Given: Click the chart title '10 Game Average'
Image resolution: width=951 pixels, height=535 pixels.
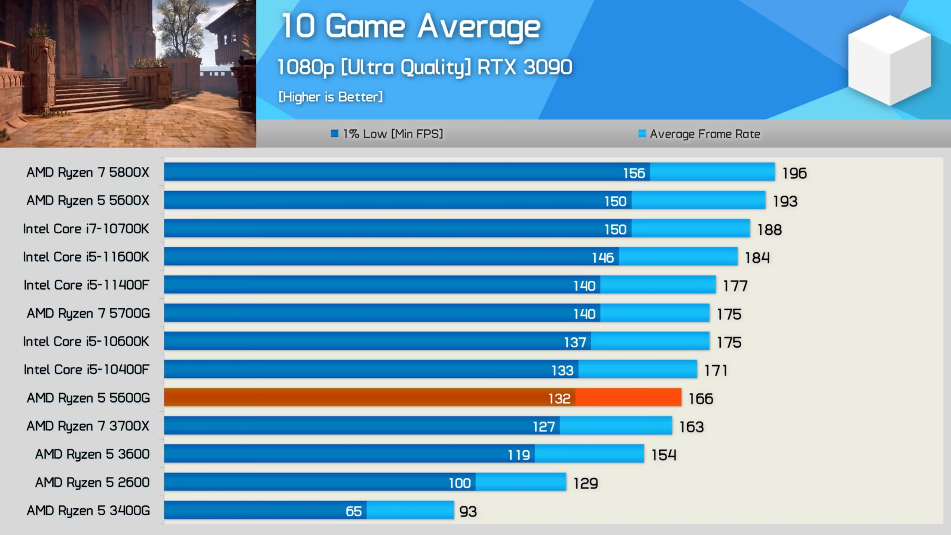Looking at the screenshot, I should [410, 27].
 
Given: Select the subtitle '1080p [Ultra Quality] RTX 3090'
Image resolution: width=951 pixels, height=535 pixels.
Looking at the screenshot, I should [425, 68].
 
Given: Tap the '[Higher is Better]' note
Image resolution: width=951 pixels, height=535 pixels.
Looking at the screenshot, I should [330, 97].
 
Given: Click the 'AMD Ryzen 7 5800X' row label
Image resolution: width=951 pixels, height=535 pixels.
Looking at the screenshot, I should [88, 172].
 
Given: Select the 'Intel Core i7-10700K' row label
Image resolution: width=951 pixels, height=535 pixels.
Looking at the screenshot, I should [86, 229].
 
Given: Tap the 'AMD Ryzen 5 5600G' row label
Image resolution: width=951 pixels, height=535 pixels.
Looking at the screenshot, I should [88, 398].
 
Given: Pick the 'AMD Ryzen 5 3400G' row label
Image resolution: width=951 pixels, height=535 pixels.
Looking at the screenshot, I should [88, 511].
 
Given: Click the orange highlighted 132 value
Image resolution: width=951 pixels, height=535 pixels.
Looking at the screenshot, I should [559, 399].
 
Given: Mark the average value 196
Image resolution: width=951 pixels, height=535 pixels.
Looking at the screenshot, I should [794, 173].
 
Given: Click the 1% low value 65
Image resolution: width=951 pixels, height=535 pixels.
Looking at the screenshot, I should [353, 512].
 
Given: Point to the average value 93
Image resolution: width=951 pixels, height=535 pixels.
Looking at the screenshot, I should [468, 512].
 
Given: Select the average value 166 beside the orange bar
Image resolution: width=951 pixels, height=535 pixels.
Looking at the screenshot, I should [701, 399].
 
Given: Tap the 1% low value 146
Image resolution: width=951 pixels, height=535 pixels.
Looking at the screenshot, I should [603, 258].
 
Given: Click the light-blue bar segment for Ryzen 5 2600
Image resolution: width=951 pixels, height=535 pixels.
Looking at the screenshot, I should [521, 482].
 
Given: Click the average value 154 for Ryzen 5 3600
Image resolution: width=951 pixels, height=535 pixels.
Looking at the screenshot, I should [663, 455].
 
